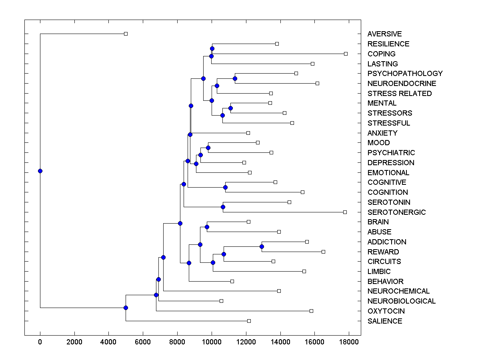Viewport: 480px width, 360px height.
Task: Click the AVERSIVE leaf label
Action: point(384,34)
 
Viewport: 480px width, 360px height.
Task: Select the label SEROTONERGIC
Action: point(396,212)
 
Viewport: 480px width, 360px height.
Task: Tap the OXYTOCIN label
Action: point(386,311)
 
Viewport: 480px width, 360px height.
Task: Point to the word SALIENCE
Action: point(385,321)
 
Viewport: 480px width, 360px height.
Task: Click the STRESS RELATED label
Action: point(400,94)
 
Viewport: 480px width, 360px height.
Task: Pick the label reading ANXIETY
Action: point(382,133)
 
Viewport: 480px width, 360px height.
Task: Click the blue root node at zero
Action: point(40,171)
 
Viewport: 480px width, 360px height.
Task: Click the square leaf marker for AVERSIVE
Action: point(126,34)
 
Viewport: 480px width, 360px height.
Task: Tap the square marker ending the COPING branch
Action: point(346,54)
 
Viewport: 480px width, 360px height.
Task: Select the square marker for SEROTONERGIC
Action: point(345,212)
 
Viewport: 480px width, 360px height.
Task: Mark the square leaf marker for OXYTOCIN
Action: point(311,311)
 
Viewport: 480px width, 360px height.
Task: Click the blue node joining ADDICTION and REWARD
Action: point(262,246)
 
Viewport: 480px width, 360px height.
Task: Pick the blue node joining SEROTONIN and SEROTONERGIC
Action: point(223,207)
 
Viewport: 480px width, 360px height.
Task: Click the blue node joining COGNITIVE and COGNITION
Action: point(225,187)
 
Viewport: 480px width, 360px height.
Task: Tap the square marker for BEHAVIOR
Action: point(232,281)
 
